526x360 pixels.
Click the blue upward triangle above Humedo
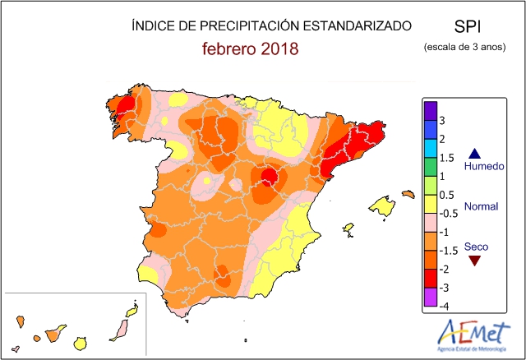tap(473, 153)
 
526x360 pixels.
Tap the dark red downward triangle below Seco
tap(473, 260)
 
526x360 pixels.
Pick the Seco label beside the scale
tap(476, 246)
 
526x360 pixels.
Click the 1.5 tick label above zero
tap(447, 158)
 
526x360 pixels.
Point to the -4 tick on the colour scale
tap(444, 306)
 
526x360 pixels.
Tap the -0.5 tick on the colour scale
tap(448, 213)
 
